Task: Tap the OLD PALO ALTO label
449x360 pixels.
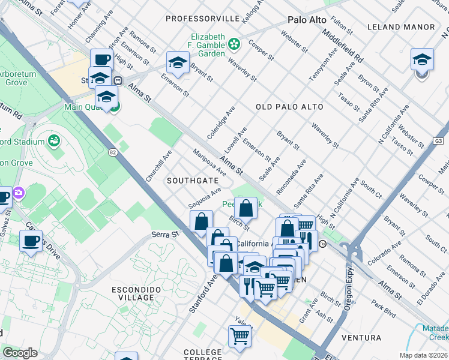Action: (x=289, y=107)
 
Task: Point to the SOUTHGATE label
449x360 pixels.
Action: (x=193, y=180)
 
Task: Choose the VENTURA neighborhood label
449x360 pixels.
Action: (x=361, y=338)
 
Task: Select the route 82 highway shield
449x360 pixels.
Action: (x=113, y=153)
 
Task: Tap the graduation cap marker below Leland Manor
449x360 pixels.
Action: (x=423, y=61)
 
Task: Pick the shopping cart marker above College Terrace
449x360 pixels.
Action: (x=240, y=337)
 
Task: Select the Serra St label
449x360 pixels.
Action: (x=166, y=234)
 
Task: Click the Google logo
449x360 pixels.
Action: (x=20, y=353)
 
